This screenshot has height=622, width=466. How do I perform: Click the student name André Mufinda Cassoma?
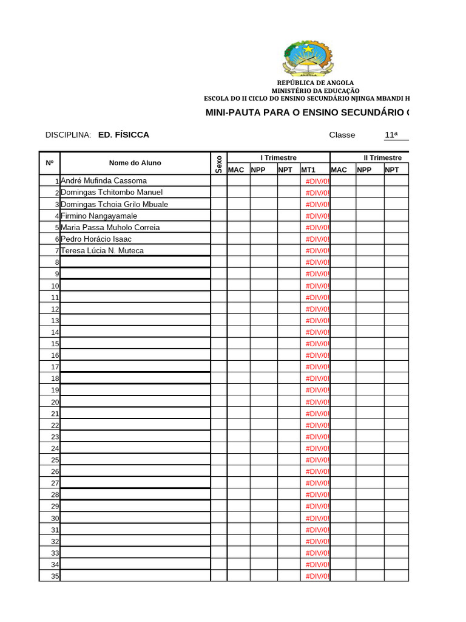[104, 181]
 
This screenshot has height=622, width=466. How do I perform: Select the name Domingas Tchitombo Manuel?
[112, 193]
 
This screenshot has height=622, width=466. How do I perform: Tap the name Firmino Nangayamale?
[99, 216]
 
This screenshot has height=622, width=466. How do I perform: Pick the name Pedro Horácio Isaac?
[96, 239]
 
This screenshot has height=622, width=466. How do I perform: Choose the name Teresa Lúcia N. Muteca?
[103, 250]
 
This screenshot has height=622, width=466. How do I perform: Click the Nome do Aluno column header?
[135, 163]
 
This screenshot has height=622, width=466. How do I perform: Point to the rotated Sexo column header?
[219, 163]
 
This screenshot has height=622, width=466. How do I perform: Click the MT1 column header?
[308, 170]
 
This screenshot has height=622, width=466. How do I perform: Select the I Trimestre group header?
[279, 158]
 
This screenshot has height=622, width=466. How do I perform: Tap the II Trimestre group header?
[382, 158]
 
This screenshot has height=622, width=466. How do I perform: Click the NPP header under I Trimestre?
[258, 170]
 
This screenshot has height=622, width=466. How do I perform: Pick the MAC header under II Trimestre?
[339, 170]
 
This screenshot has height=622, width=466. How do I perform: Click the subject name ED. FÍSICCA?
[124, 135]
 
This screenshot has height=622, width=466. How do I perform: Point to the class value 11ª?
[391, 135]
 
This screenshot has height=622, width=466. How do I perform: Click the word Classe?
[342, 135]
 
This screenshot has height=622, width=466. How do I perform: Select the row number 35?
[55, 576]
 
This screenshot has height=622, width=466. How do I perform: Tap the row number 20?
[55, 402]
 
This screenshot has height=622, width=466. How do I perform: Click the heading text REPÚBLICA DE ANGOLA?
[316, 83]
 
